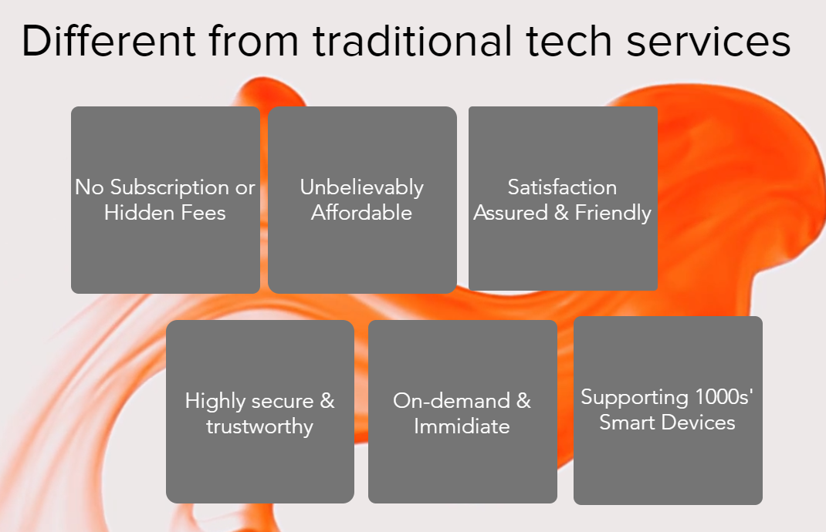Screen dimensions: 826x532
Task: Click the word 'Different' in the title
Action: [x=109, y=41]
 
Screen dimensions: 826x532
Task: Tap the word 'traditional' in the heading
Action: [x=412, y=41]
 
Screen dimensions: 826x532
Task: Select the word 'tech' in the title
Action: [x=569, y=41]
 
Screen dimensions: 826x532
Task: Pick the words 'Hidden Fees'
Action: [x=165, y=213]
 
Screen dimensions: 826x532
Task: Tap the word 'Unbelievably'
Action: [x=362, y=188]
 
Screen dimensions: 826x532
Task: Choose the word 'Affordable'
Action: [x=362, y=213]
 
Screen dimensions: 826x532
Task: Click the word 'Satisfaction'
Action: [x=562, y=187]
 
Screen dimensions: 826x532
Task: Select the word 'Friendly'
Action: [x=613, y=214]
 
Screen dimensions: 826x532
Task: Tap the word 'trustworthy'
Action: [x=259, y=427]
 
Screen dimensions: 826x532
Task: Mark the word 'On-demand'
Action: [x=452, y=401]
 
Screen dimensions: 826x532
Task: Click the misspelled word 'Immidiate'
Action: [x=462, y=426]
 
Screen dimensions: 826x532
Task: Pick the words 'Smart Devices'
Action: [x=668, y=423]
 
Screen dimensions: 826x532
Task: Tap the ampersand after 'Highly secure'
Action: [x=327, y=402]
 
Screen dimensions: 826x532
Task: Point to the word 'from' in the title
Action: [x=254, y=41]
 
